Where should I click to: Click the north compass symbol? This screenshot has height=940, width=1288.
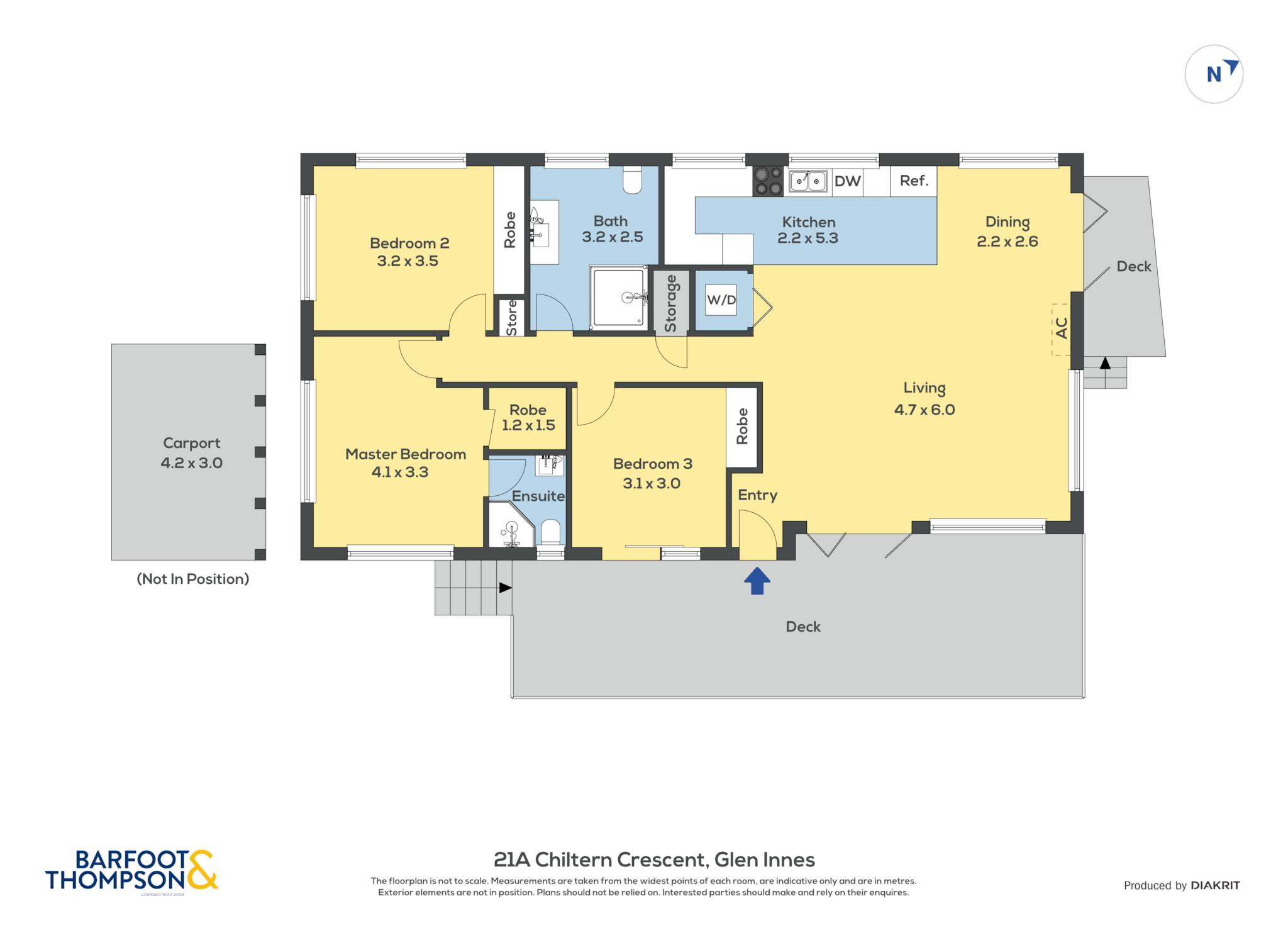tap(1214, 74)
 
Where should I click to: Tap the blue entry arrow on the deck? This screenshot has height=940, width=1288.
tap(757, 581)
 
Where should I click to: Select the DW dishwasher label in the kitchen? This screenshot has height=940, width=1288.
tap(847, 181)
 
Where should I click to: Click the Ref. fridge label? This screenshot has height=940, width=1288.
tap(914, 181)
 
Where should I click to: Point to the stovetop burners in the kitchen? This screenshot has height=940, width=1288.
tap(768, 181)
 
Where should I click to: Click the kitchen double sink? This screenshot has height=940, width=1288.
tap(808, 182)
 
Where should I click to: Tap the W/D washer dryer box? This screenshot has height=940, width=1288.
tap(721, 299)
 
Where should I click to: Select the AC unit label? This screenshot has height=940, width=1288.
tap(1062, 328)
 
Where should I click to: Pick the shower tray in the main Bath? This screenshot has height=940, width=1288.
tap(619, 298)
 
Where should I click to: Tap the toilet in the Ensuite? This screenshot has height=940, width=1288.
tap(550, 532)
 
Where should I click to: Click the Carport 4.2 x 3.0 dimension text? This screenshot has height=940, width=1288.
tap(192, 463)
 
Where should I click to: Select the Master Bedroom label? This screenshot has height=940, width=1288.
tap(406, 454)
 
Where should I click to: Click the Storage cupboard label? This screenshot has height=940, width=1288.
tap(670, 303)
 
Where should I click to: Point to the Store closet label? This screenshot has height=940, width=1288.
tap(511, 318)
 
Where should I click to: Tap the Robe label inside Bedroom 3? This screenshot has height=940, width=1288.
tap(742, 426)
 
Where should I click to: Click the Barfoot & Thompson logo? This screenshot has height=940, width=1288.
tap(131, 871)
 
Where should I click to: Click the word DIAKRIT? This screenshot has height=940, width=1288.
tap(1215, 885)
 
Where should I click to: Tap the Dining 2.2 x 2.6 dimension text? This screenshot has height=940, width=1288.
tap(1008, 242)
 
